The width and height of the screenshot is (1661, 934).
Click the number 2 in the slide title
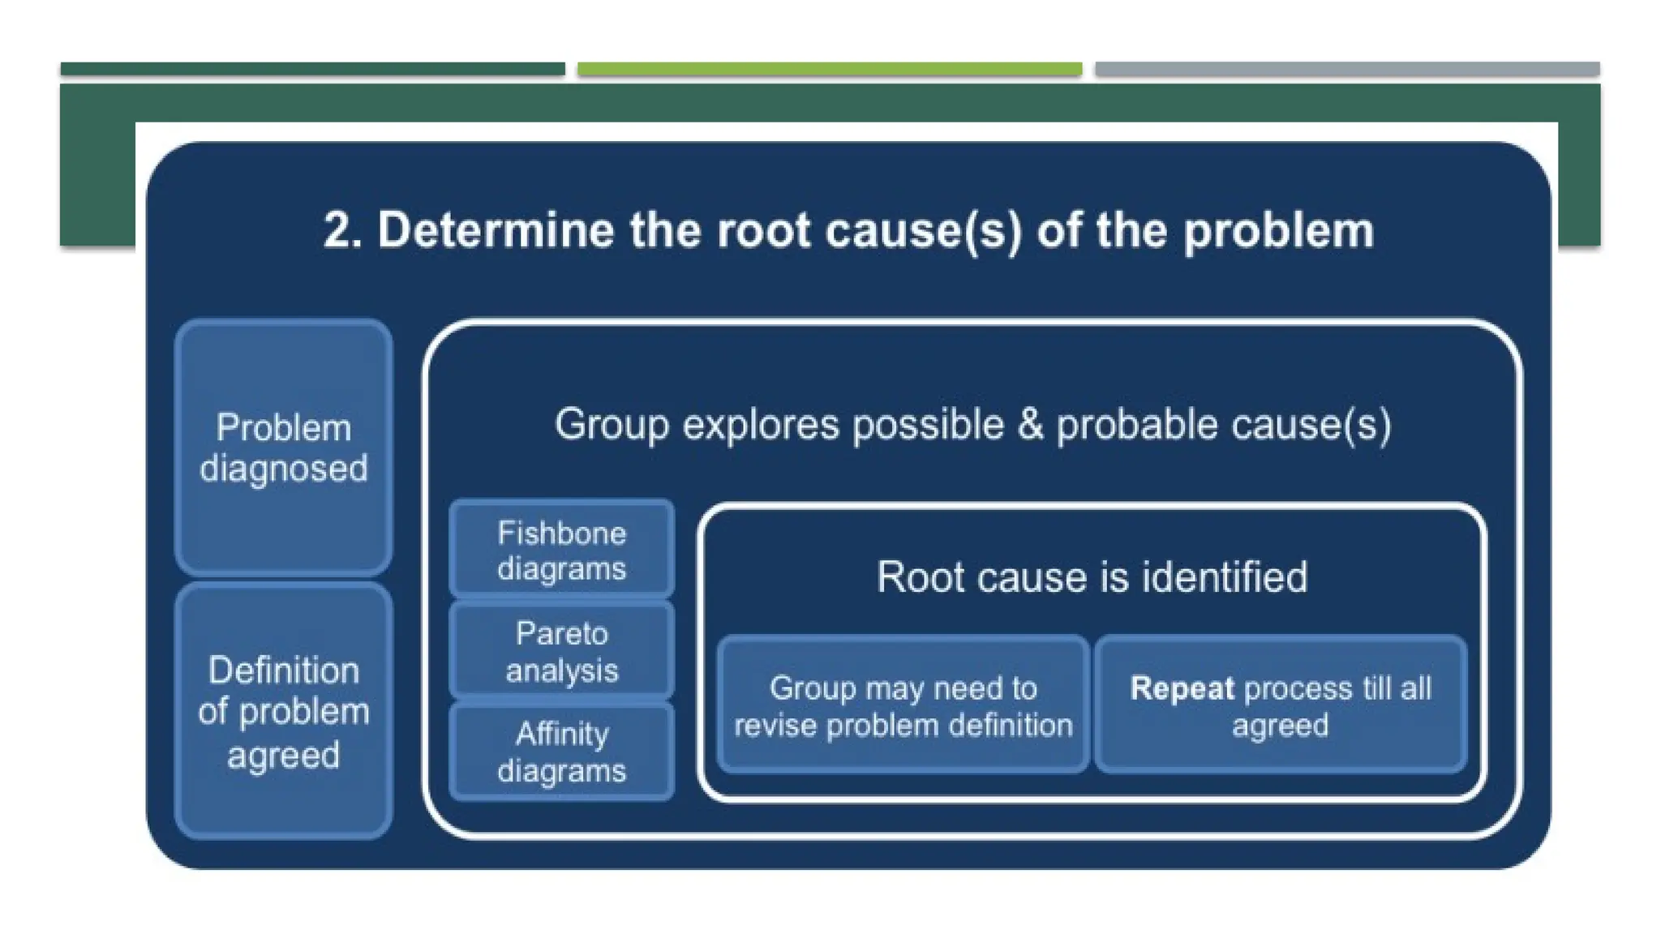coord(341,231)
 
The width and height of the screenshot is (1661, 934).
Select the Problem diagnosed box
coord(284,448)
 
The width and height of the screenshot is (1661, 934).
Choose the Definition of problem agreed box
coord(284,711)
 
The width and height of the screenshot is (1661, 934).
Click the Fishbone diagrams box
coord(561,551)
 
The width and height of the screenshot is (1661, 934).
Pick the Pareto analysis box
coord(561,651)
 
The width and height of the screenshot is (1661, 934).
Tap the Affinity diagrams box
coord(561,752)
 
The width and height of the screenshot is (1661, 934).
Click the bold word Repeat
coord(1182,688)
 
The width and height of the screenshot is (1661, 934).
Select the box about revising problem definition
coord(903,705)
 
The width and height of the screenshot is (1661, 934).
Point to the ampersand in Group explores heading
coord(1030,424)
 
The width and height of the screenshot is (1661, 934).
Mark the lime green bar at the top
coord(829,69)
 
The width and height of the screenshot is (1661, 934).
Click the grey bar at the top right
coord(1346,69)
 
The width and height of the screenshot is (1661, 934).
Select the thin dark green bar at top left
coord(312,69)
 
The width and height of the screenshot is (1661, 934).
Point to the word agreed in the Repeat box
coord(1280,726)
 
